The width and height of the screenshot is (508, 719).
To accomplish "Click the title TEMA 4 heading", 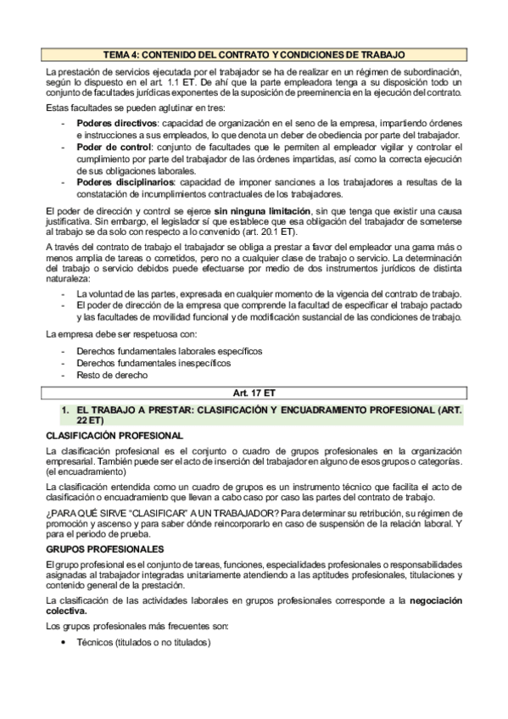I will [254, 53].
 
